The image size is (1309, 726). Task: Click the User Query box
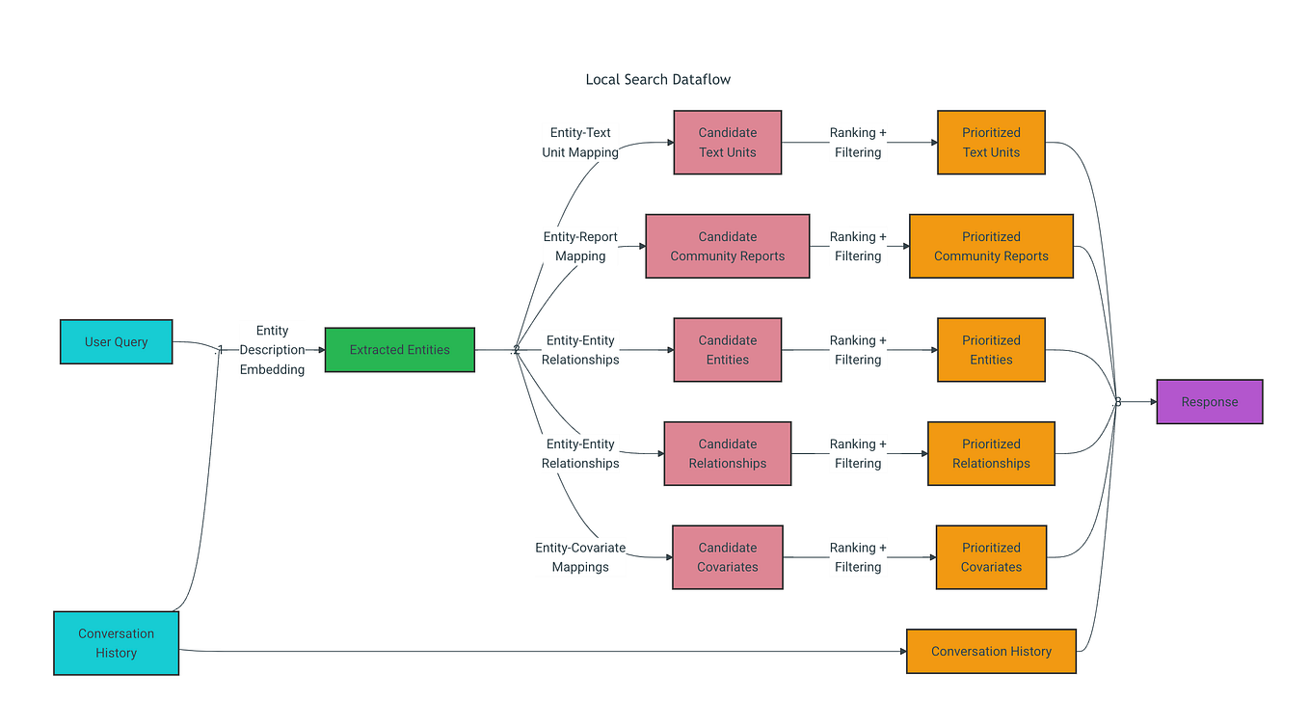pos(116,342)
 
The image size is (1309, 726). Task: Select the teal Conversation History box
pos(116,643)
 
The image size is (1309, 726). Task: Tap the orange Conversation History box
pos(991,652)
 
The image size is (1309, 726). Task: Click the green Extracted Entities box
pos(399,350)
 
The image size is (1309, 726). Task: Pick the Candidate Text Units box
pos(727,143)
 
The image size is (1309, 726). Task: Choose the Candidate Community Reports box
pos(727,247)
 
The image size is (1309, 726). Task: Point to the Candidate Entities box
pos(727,350)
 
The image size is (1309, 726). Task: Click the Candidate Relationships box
pos(727,454)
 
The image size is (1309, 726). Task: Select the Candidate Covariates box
pos(727,557)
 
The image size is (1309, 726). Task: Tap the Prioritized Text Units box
pos(991,143)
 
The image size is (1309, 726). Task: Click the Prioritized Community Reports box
pos(991,247)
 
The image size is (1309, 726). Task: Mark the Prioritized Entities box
pos(991,350)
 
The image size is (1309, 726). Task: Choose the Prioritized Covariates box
pos(991,557)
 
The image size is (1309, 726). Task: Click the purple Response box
pos(1209,402)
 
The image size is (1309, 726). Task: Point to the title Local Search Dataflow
pos(658,80)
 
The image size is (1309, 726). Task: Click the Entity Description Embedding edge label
pos(272,350)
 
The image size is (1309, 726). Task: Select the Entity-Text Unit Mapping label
pos(580,143)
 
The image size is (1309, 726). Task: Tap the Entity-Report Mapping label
pos(580,247)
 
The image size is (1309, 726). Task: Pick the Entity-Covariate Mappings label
pos(580,557)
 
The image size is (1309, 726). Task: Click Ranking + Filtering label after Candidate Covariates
pos(858,557)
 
